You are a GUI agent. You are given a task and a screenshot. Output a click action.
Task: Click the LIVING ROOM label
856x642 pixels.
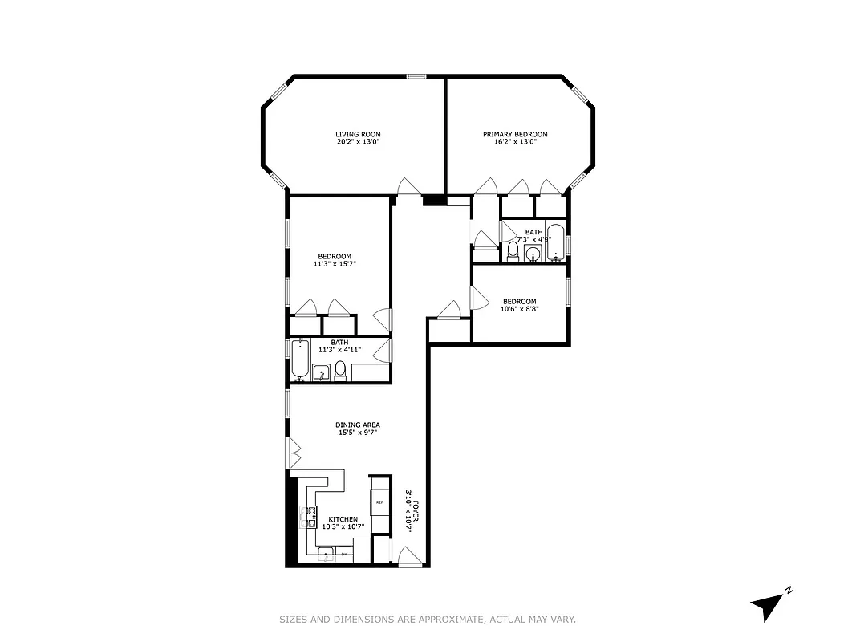[x=358, y=134]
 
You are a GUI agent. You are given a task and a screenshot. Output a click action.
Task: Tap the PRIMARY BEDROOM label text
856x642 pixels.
[x=515, y=134]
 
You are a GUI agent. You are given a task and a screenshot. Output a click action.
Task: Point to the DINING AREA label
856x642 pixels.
[x=358, y=425]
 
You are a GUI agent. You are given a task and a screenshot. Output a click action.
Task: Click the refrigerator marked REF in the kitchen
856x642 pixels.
[x=379, y=502]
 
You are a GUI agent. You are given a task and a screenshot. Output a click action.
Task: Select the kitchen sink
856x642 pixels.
[x=327, y=555]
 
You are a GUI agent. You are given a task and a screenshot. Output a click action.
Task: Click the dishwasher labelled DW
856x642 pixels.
[x=345, y=555]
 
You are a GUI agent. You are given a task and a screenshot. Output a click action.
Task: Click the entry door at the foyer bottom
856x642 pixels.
[x=410, y=556]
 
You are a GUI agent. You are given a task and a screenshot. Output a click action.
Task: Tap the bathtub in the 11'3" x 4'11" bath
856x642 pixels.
[x=300, y=360]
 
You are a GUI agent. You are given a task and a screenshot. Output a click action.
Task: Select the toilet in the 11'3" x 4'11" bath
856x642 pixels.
[x=340, y=371]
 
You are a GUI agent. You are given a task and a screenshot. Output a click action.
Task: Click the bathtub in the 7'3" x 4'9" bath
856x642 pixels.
[x=557, y=242]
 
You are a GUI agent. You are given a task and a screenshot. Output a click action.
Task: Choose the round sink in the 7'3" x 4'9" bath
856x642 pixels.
[x=533, y=255]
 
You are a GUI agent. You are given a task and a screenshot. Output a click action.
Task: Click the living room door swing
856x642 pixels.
[x=409, y=187]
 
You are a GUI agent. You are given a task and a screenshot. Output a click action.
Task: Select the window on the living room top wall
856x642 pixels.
[x=416, y=76]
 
